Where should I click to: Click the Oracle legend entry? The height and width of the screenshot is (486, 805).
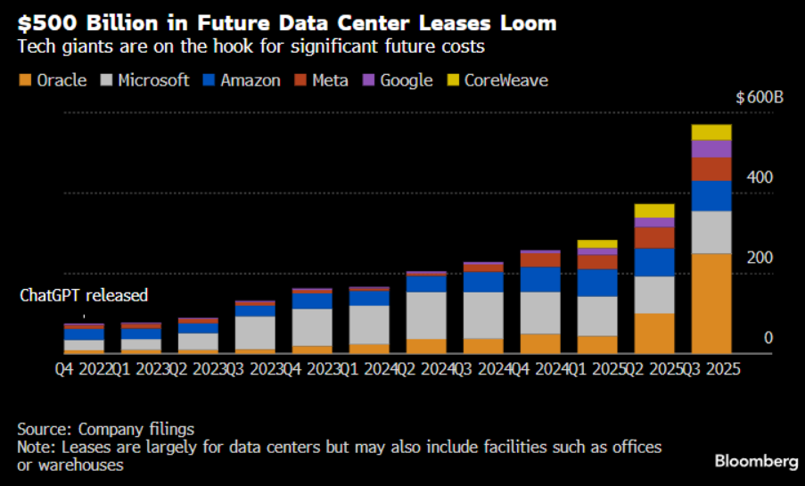pos(53,80)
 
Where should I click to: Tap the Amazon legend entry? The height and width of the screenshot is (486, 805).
pos(242,80)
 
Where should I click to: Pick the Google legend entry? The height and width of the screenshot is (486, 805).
pos(398,80)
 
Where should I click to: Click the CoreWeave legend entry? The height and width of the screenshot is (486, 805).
pos(497,80)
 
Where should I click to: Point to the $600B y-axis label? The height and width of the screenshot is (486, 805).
pos(759,98)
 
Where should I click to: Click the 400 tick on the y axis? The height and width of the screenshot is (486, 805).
pos(760,178)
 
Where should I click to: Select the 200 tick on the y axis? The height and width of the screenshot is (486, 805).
pos(760,258)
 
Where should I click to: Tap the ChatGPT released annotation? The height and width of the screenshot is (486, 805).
pos(84,295)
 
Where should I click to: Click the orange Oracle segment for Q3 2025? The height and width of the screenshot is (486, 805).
pos(711,303)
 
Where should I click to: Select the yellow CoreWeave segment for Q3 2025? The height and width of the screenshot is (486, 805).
pos(711,132)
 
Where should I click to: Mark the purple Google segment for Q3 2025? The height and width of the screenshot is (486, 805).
pos(711,148)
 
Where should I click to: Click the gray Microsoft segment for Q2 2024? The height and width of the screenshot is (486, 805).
pos(426,315)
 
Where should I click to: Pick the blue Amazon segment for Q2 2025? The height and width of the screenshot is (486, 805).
pos(654,262)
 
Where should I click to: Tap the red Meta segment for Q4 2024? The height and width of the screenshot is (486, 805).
pos(540,259)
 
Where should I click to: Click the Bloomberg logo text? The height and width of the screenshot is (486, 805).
pos(756,461)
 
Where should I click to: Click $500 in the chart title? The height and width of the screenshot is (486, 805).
pos(42,21)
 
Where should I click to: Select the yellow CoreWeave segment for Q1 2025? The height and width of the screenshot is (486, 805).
pos(597,243)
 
